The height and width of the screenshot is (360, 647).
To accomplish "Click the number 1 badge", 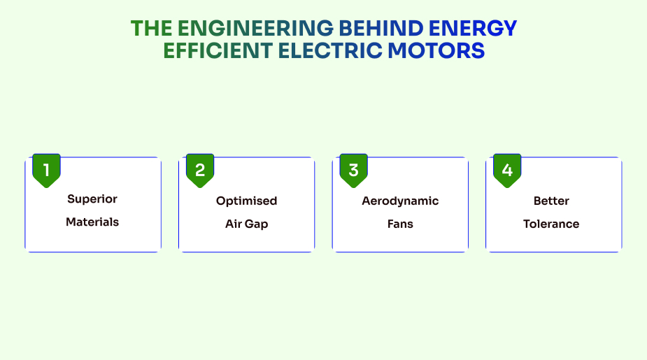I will (46, 170).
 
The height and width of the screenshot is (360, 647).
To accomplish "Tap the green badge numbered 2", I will (200, 170).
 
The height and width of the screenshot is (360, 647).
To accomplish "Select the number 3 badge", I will (353, 170).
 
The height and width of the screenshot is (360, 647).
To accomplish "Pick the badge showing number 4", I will (507, 170).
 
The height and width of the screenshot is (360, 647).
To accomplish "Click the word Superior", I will (92, 199).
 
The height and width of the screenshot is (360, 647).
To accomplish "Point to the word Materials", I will (92, 222).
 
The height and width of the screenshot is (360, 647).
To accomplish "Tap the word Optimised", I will (246, 201).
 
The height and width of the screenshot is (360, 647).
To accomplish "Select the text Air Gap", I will (246, 224).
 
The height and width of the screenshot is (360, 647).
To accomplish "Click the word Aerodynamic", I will (400, 201).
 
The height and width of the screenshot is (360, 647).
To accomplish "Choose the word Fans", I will (400, 224).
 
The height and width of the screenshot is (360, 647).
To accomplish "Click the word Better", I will (551, 201).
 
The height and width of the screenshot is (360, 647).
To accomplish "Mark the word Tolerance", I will (551, 224).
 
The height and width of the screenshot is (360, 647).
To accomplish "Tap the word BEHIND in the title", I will (381, 28).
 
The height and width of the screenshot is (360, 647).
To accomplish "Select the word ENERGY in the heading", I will (473, 28).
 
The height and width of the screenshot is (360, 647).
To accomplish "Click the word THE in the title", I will (151, 28).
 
